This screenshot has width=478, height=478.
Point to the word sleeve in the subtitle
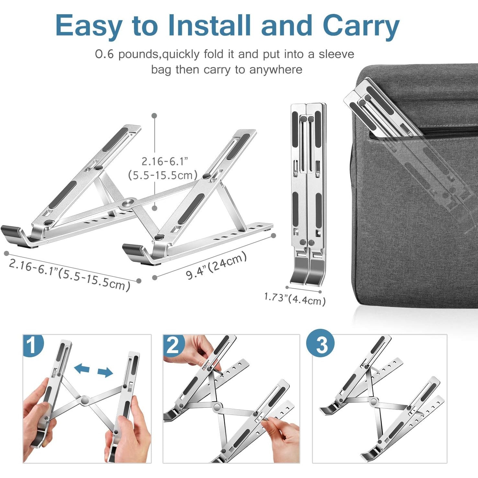[336, 54]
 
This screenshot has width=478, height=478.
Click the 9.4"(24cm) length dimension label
[216, 266]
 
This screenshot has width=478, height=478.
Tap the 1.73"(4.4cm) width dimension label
[295, 298]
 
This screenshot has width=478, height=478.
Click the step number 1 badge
[33, 345]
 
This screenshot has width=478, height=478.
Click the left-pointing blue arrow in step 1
[82, 368]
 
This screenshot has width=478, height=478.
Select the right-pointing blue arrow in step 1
[105, 372]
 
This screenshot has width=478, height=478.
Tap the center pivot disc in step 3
[373, 402]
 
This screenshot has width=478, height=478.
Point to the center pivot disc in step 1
[85, 400]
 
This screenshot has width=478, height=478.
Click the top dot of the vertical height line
[155, 116]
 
